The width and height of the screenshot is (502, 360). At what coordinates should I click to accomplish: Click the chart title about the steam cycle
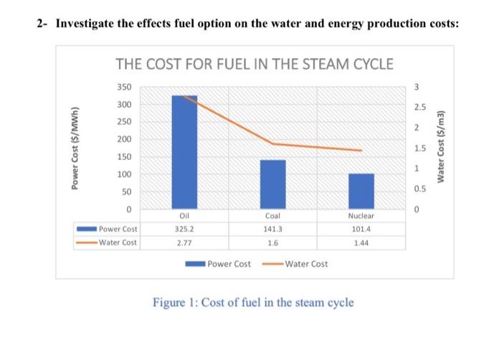[254, 64]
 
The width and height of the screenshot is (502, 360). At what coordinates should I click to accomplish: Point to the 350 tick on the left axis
[124, 87]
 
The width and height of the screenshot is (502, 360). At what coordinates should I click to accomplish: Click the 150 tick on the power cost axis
[124, 157]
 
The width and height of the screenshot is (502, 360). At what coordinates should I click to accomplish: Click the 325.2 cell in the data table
[184, 229]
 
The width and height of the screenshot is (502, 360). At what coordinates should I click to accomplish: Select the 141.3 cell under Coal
[273, 229]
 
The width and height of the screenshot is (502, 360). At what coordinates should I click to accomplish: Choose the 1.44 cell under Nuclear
[361, 243]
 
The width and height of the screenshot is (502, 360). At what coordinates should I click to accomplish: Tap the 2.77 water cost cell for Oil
[184, 243]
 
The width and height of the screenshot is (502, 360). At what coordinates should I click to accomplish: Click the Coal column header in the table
[273, 216]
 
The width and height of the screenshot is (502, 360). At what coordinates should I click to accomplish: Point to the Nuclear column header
[361, 216]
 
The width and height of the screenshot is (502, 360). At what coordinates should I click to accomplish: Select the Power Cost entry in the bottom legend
[228, 264]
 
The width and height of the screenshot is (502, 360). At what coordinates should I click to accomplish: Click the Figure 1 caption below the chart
[253, 302]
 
